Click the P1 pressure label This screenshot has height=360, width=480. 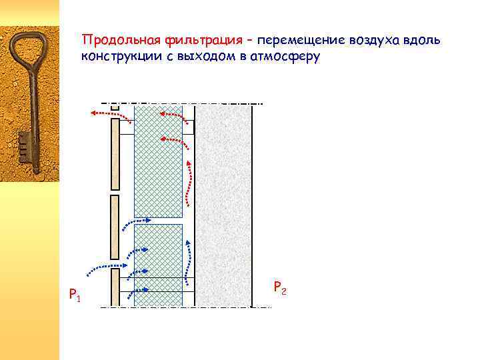[x=74, y=294]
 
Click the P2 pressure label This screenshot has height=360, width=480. [x=280, y=288]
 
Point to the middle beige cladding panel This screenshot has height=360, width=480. [x=115, y=227]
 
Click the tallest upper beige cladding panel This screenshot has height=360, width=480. [x=115, y=154]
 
